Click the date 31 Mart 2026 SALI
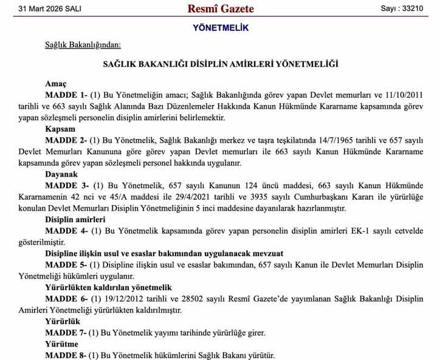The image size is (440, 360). click(50, 9)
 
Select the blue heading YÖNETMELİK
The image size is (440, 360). click(220, 28)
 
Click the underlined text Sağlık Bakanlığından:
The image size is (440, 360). click(83, 44)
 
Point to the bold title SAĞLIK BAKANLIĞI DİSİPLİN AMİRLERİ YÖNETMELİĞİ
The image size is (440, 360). click(220, 64)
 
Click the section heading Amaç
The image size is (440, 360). click(55, 83)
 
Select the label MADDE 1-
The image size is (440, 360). click(66, 95)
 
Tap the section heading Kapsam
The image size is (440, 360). click(60, 129)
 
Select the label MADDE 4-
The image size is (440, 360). click(66, 231)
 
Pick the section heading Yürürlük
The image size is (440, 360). click(63, 322)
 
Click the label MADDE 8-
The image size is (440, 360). click(66, 355)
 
